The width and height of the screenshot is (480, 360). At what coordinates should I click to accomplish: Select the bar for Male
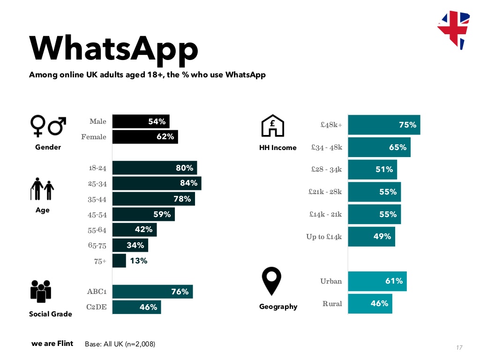141,122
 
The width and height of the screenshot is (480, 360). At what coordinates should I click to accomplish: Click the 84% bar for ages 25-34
157,183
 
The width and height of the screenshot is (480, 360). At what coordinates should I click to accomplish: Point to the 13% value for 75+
139,261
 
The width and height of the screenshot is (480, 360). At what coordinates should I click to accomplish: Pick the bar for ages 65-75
130,245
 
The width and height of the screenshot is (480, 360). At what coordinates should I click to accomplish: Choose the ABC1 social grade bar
152,292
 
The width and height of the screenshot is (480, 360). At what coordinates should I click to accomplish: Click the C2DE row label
97,307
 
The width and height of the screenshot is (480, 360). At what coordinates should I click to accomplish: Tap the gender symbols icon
48,126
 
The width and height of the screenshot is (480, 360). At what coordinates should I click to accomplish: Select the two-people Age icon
43,189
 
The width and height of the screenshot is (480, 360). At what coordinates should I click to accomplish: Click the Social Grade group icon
40,292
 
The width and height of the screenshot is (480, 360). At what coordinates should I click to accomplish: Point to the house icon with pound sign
272,127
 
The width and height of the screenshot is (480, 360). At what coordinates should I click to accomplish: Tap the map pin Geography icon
272,281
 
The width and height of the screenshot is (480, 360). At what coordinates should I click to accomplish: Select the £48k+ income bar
384,125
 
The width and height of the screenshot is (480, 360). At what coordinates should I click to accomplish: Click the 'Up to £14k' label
324,237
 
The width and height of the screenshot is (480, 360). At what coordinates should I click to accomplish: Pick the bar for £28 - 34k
372,170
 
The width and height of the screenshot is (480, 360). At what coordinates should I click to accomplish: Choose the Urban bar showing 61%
377,281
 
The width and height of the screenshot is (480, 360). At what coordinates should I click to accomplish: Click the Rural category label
332,304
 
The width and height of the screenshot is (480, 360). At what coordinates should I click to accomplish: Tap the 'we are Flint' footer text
52,344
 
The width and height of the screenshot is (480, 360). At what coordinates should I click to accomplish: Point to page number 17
459,347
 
